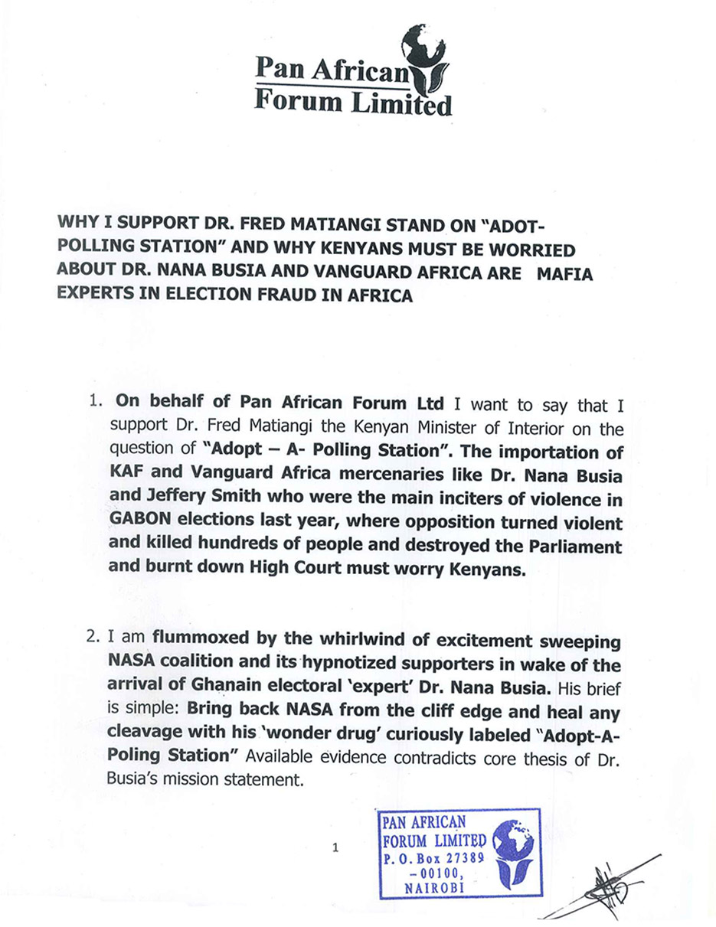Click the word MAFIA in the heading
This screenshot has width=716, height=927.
[x=564, y=273]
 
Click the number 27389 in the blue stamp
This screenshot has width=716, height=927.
[x=457, y=857]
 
